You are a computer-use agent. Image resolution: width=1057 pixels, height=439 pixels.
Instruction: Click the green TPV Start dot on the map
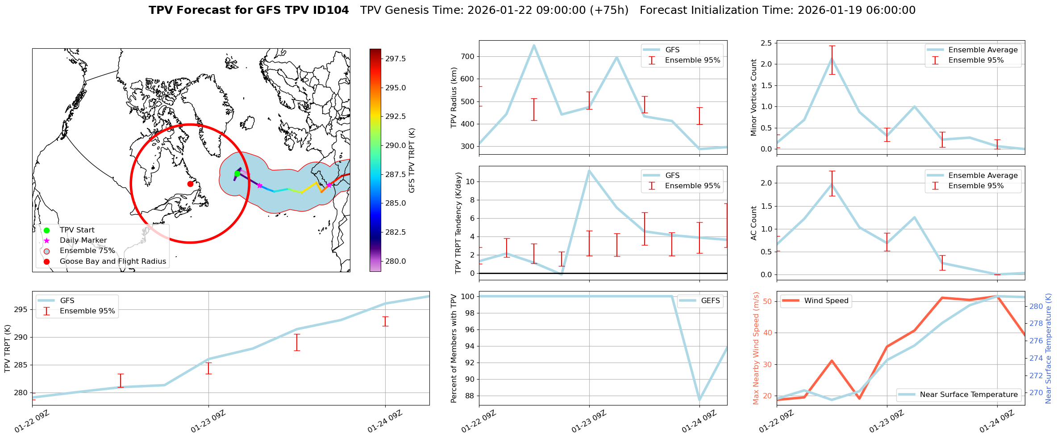click(237, 174)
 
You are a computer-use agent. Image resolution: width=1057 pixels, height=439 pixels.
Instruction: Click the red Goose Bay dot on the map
click(190, 184)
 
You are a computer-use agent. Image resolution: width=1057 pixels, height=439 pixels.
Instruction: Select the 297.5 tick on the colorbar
click(395, 59)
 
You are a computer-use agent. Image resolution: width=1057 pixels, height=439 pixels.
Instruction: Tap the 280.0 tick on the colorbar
click(395, 261)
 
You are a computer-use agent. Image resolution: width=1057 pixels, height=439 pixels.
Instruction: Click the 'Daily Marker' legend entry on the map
click(83, 241)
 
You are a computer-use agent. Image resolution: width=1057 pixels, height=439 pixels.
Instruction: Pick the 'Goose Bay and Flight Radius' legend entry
click(112, 262)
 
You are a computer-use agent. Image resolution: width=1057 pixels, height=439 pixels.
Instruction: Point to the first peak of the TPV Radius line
click(534, 45)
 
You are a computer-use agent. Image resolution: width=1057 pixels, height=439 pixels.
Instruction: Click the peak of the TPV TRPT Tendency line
click(589, 170)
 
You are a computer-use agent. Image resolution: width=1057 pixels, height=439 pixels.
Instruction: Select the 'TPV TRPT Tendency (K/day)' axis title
click(458, 223)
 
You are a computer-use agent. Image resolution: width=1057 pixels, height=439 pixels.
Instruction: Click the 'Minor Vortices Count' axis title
click(754, 97)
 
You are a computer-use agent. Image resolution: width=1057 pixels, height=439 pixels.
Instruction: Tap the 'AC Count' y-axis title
click(754, 223)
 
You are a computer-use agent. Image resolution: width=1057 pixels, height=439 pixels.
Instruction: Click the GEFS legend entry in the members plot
click(710, 301)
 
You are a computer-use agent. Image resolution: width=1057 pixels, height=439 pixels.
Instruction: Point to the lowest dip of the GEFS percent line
click(699, 400)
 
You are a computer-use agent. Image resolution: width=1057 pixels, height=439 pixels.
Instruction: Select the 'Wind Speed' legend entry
click(826, 301)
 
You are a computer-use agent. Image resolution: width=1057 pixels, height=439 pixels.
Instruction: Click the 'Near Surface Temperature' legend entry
click(969, 395)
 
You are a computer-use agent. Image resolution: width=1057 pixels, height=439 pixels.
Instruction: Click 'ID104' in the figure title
click(331, 10)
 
